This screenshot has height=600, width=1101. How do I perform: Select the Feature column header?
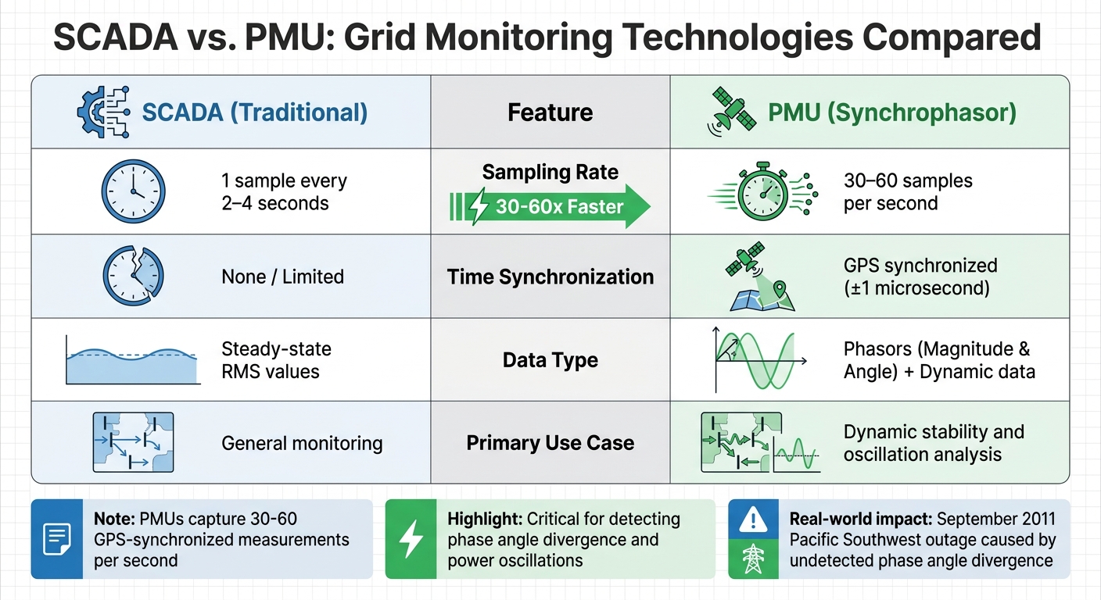click(x=550, y=112)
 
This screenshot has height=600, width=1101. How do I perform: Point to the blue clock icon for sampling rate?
click(x=133, y=191)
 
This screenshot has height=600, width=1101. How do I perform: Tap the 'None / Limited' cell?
click(x=282, y=276)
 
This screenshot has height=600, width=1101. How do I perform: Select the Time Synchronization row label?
click(x=550, y=277)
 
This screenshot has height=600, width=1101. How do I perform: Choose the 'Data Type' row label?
click(x=550, y=360)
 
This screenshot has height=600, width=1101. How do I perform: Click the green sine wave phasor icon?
click(x=759, y=359)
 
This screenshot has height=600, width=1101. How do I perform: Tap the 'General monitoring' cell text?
click(x=302, y=444)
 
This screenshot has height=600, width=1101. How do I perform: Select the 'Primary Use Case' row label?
click(x=550, y=443)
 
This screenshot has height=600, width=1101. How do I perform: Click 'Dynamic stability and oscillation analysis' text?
click(x=933, y=443)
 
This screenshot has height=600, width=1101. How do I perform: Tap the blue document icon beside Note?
click(x=56, y=539)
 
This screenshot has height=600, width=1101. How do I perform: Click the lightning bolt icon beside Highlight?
click(x=411, y=539)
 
